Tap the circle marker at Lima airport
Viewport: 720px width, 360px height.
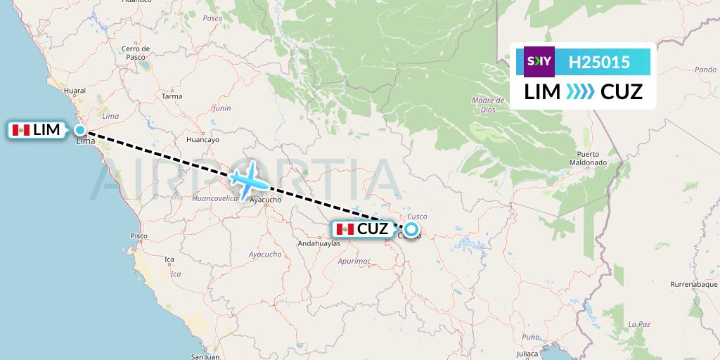coord(81,130)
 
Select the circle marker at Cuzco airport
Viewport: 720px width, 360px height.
coord(411,229)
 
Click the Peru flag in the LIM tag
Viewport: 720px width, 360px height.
coord(21,130)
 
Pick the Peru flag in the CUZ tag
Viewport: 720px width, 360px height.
coord(345,229)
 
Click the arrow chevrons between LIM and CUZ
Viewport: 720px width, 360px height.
coord(581,92)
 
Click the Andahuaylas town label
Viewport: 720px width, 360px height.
coord(319,243)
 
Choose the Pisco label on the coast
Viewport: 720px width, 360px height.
coord(139,236)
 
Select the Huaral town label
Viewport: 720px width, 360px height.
coord(74,91)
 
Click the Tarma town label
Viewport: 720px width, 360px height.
coord(172,96)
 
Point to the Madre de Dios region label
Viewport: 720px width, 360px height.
coord(484,105)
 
